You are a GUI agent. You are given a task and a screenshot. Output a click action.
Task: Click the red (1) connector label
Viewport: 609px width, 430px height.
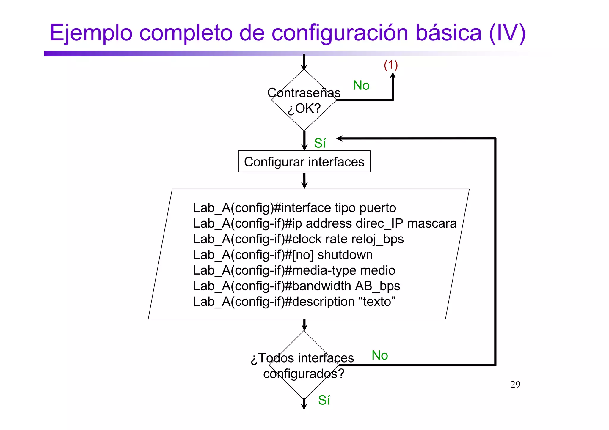390,65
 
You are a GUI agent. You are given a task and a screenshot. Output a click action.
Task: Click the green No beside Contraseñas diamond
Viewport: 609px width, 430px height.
361,86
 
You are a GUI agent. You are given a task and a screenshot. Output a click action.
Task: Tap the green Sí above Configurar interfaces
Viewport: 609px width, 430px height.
320,143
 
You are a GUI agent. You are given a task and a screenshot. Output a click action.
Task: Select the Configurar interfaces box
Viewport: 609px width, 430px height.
304,162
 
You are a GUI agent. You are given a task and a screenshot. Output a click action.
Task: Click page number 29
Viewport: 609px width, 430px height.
515,385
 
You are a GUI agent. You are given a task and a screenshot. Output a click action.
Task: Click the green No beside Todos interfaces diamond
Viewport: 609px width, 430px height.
380,355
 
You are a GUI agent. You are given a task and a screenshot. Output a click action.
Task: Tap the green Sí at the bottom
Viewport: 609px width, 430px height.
324,400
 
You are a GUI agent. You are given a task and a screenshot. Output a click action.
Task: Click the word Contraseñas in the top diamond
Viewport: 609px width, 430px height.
304,93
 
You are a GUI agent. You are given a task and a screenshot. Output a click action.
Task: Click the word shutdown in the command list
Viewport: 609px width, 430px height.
345,255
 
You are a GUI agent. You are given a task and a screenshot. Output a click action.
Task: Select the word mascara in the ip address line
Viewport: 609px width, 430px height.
431,223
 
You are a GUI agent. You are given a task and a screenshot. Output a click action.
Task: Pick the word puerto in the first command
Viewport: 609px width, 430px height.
378,208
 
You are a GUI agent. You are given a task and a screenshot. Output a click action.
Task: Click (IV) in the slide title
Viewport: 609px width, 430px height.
507,33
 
